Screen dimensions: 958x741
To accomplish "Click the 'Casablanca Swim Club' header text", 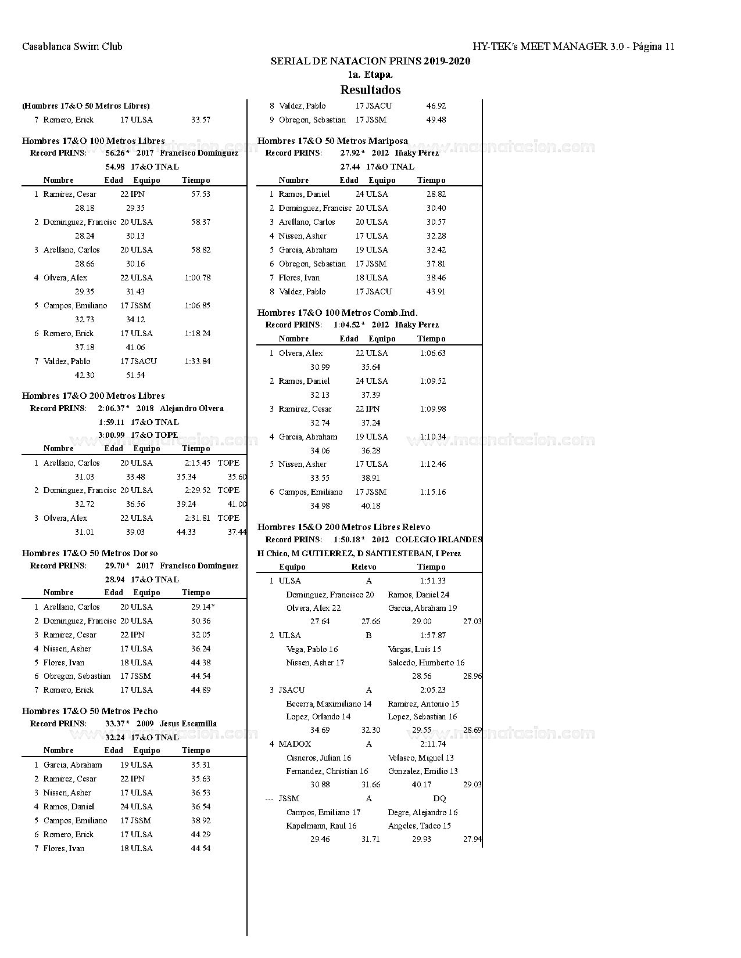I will click(x=72, y=46).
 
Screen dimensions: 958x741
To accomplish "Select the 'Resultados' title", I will click(x=370, y=90).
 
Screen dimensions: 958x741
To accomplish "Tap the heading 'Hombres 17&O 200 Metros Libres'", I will click(x=93, y=396).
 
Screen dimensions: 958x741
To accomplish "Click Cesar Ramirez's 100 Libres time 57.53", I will click(x=201, y=194).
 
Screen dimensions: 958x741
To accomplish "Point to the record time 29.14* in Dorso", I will click(x=202, y=607).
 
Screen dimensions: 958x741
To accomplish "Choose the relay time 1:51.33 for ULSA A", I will click(x=432, y=581).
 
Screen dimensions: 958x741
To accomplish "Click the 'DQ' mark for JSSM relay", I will click(x=439, y=798).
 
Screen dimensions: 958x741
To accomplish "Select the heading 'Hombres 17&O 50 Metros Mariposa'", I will click(x=332, y=141).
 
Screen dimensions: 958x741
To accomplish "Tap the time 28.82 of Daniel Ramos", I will click(x=436, y=194).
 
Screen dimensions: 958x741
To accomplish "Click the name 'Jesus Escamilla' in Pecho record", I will click(x=188, y=723).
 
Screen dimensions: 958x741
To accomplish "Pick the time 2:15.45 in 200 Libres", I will click(x=198, y=463).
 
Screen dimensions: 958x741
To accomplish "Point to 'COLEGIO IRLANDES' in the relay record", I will click(x=438, y=539).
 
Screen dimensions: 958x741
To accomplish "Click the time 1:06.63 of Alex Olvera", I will click(x=432, y=353).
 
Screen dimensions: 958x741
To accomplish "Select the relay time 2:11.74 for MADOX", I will click(x=432, y=744).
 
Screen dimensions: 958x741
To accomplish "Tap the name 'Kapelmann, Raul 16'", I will click(x=321, y=826).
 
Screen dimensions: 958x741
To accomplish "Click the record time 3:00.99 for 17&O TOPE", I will click(x=111, y=435).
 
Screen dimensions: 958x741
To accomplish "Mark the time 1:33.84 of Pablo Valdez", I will click(x=198, y=361).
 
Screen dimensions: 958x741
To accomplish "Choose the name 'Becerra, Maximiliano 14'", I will click(x=329, y=704).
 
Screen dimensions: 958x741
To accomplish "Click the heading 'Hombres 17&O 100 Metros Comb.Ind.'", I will click(x=337, y=313).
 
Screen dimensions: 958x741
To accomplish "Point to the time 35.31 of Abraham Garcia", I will click(x=201, y=765).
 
